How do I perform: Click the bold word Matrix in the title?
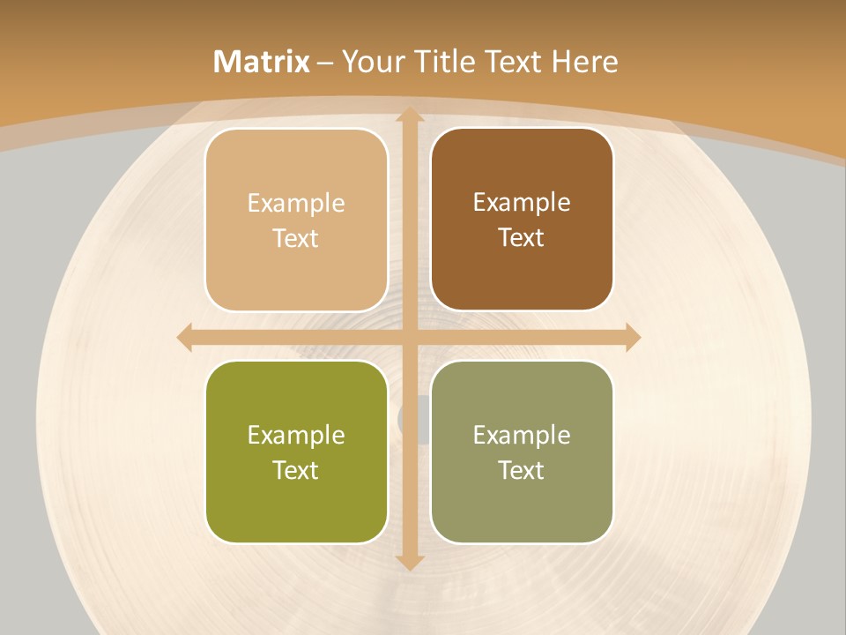click(262, 62)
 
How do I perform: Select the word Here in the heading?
click(584, 62)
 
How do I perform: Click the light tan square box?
click(296, 220)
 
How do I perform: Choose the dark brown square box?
click(522, 220)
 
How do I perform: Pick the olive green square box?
click(296, 452)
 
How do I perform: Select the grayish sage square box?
click(522, 452)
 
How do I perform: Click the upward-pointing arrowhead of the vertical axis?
click(409, 115)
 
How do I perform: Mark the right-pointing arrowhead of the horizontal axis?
click(633, 337)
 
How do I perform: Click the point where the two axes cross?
click(409, 337)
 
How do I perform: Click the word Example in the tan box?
click(296, 204)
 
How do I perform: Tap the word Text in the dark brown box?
click(522, 238)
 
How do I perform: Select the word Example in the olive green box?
click(296, 435)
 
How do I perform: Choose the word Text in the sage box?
click(522, 470)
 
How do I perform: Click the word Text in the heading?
click(513, 62)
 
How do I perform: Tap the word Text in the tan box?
click(296, 239)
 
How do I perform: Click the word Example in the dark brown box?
click(522, 203)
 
